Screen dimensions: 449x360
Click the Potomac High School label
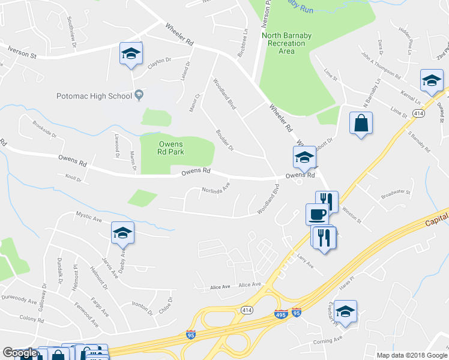point(94,96)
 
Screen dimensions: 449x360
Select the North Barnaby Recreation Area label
point(287,43)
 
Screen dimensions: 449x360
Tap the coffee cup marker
point(317,214)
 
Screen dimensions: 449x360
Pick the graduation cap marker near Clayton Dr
point(131,54)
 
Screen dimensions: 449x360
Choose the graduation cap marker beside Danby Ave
point(122,233)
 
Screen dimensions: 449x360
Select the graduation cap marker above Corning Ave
point(345,311)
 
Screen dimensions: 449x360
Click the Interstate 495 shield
point(280,313)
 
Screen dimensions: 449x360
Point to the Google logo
point(20,353)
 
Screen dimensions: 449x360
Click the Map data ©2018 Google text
point(411,355)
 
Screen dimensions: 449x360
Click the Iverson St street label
point(22,53)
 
